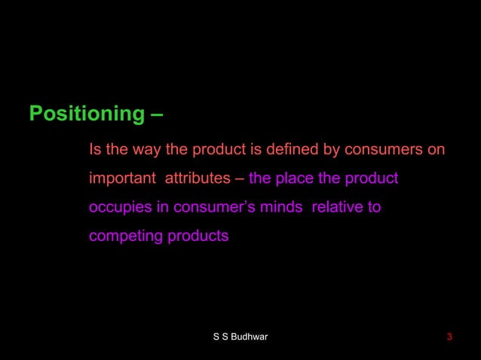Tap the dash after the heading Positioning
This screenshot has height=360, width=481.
pyautogui.click(x=155, y=114)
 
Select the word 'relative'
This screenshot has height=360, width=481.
pyautogui.click(x=337, y=208)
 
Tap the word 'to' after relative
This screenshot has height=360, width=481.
pyautogui.click(x=374, y=208)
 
